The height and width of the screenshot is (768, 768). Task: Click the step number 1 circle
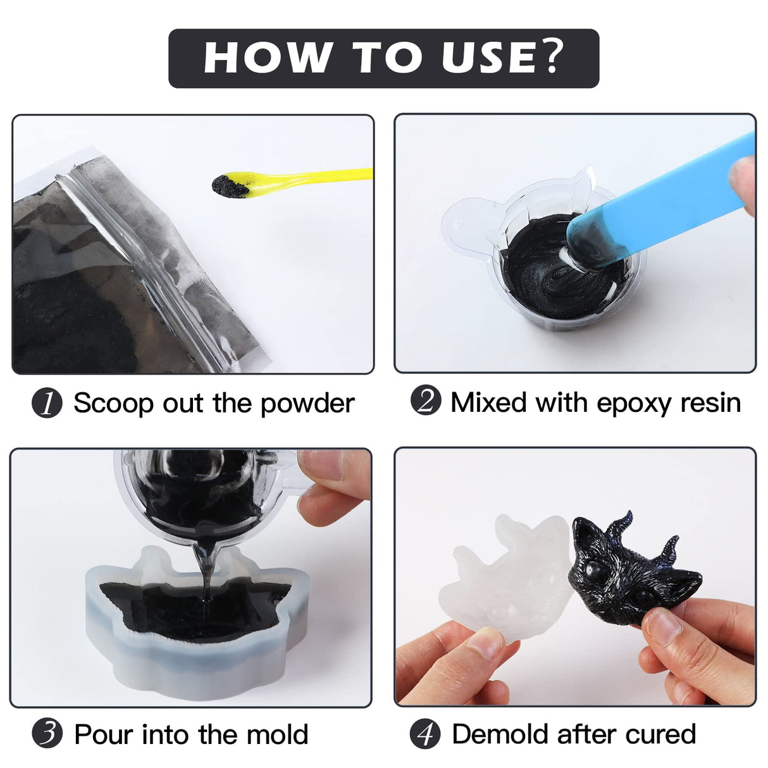coord(47,403)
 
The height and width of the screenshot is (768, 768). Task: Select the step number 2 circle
coord(425,401)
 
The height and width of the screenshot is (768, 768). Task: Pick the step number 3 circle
coord(47,734)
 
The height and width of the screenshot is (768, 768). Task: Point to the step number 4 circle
coord(425,734)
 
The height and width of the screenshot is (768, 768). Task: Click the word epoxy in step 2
coord(635,403)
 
